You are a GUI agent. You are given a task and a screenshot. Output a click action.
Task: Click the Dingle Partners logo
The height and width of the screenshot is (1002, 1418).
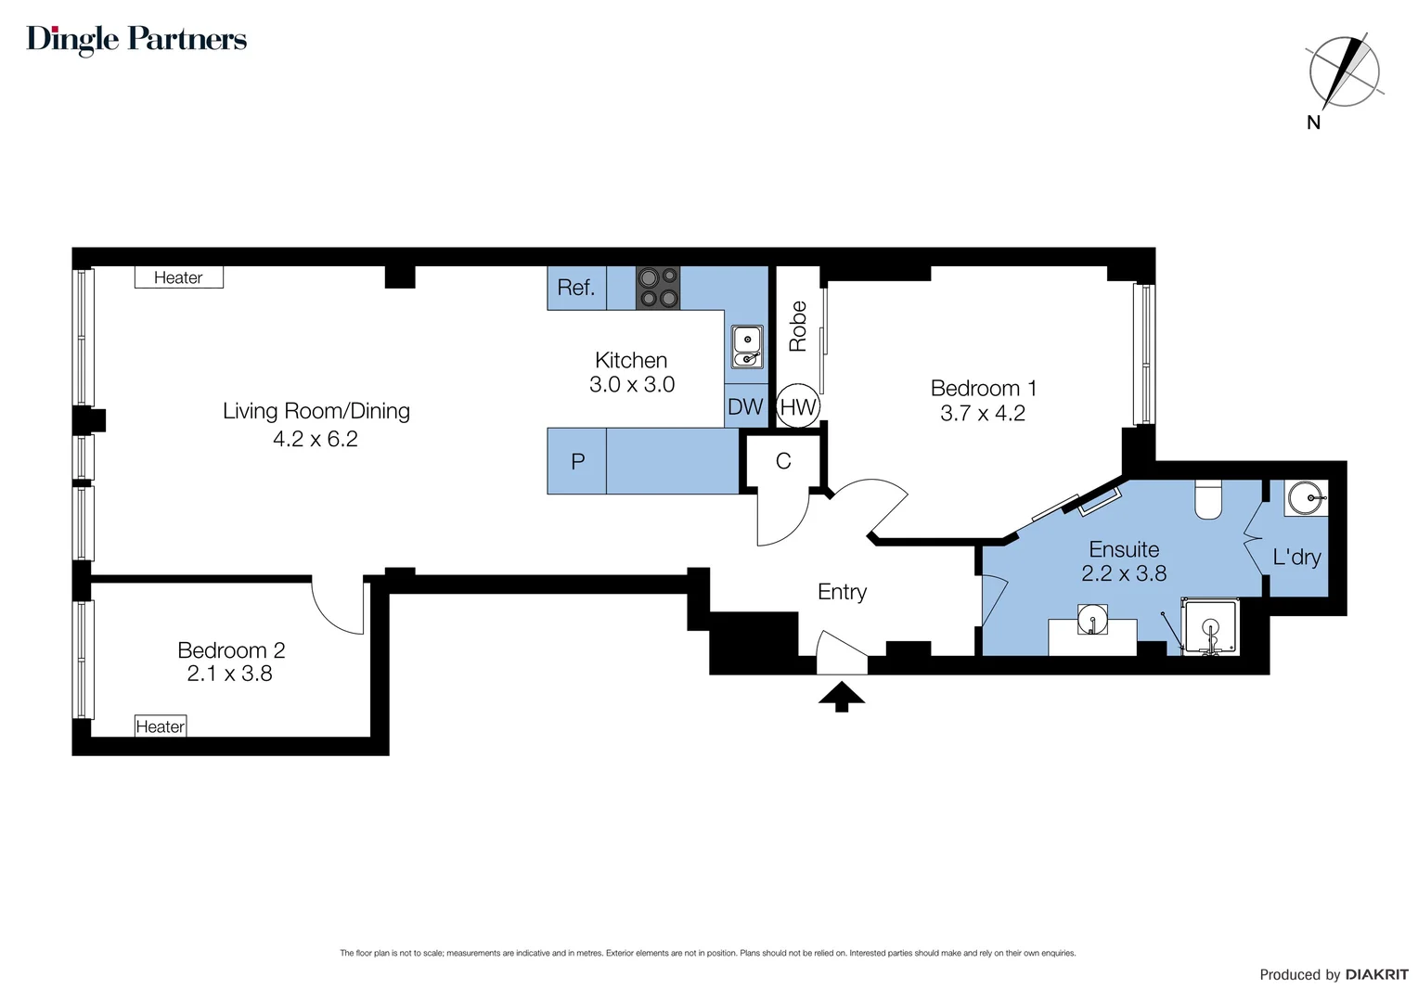coord(136,39)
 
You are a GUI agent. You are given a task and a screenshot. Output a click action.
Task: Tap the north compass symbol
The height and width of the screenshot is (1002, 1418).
coord(1343,72)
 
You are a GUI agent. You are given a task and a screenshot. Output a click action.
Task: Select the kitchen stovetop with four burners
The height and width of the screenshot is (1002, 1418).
coord(657,288)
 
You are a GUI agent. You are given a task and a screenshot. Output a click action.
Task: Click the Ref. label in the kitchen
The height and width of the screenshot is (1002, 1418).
coord(575,288)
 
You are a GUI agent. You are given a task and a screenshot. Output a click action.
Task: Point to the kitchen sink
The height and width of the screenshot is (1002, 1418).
coord(747,346)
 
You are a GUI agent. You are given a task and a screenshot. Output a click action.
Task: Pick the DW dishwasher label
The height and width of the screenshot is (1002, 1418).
coord(745,406)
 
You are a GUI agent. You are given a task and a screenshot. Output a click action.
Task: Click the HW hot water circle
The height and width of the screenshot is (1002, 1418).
coord(798,406)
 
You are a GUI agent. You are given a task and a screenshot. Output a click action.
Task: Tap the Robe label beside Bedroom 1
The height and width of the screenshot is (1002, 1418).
coord(798,326)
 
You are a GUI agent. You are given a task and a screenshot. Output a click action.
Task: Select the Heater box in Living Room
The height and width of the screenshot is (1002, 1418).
coord(178,277)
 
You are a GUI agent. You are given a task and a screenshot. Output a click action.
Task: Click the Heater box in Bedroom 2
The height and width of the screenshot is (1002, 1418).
coord(161,726)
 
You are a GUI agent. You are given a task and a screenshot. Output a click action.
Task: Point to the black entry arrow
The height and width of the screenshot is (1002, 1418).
coord(842,696)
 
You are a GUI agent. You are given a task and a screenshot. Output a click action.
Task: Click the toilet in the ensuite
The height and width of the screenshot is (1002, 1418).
coord(1208,499)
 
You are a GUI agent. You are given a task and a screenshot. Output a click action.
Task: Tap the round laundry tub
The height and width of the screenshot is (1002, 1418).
coord(1307,498)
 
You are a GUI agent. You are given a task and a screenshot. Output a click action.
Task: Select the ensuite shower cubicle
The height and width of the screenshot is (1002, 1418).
coord(1210,628)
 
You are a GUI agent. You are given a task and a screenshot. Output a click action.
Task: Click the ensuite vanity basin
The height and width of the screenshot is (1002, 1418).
coord(1092,619)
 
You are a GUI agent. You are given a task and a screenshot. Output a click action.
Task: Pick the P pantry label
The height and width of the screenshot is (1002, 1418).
coord(577,461)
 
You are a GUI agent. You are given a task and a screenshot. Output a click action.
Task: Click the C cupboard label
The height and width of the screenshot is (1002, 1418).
coord(783,461)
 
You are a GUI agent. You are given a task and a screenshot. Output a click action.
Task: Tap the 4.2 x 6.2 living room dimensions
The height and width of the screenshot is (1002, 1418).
coord(316,439)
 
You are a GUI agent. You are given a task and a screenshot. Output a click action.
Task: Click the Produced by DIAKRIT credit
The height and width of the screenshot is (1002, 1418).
coord(1333,974)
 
